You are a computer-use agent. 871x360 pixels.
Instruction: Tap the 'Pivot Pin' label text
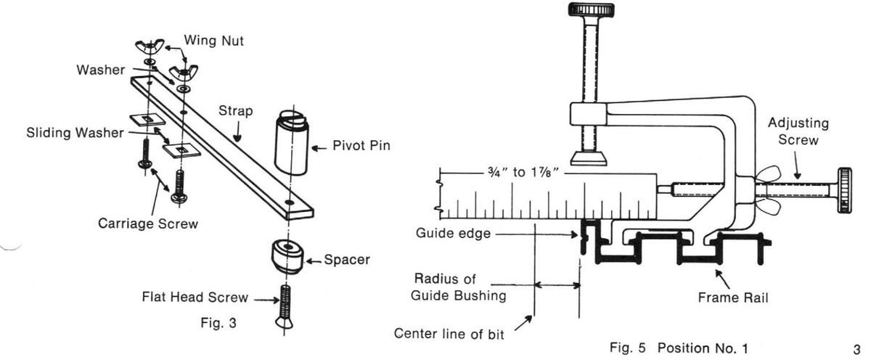pyautogui.click(x=361, y=146)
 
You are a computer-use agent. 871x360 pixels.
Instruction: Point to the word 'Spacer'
pyautogui.click(x=348, y=259)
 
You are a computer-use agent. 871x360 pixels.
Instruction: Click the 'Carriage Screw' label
pyautogui.click(x=147, y=224)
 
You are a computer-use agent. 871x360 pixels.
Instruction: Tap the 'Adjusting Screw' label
pyautogui.click(x=798, y=131)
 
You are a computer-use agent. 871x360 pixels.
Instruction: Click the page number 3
pyautogui.click(x=856, y=347)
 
